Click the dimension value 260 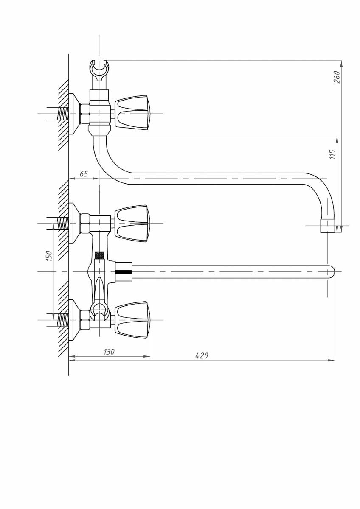tap(337, 77)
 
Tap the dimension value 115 tap(333, 154)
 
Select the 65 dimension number tap(84, 174)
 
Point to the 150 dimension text tap(49, 256)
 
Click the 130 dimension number tap(109, 352)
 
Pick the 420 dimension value tap(202, 355)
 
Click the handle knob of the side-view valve tap(132, 113)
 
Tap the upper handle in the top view tap(132, 224)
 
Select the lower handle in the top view tap(132, 320)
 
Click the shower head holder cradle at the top tap(99, 72)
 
